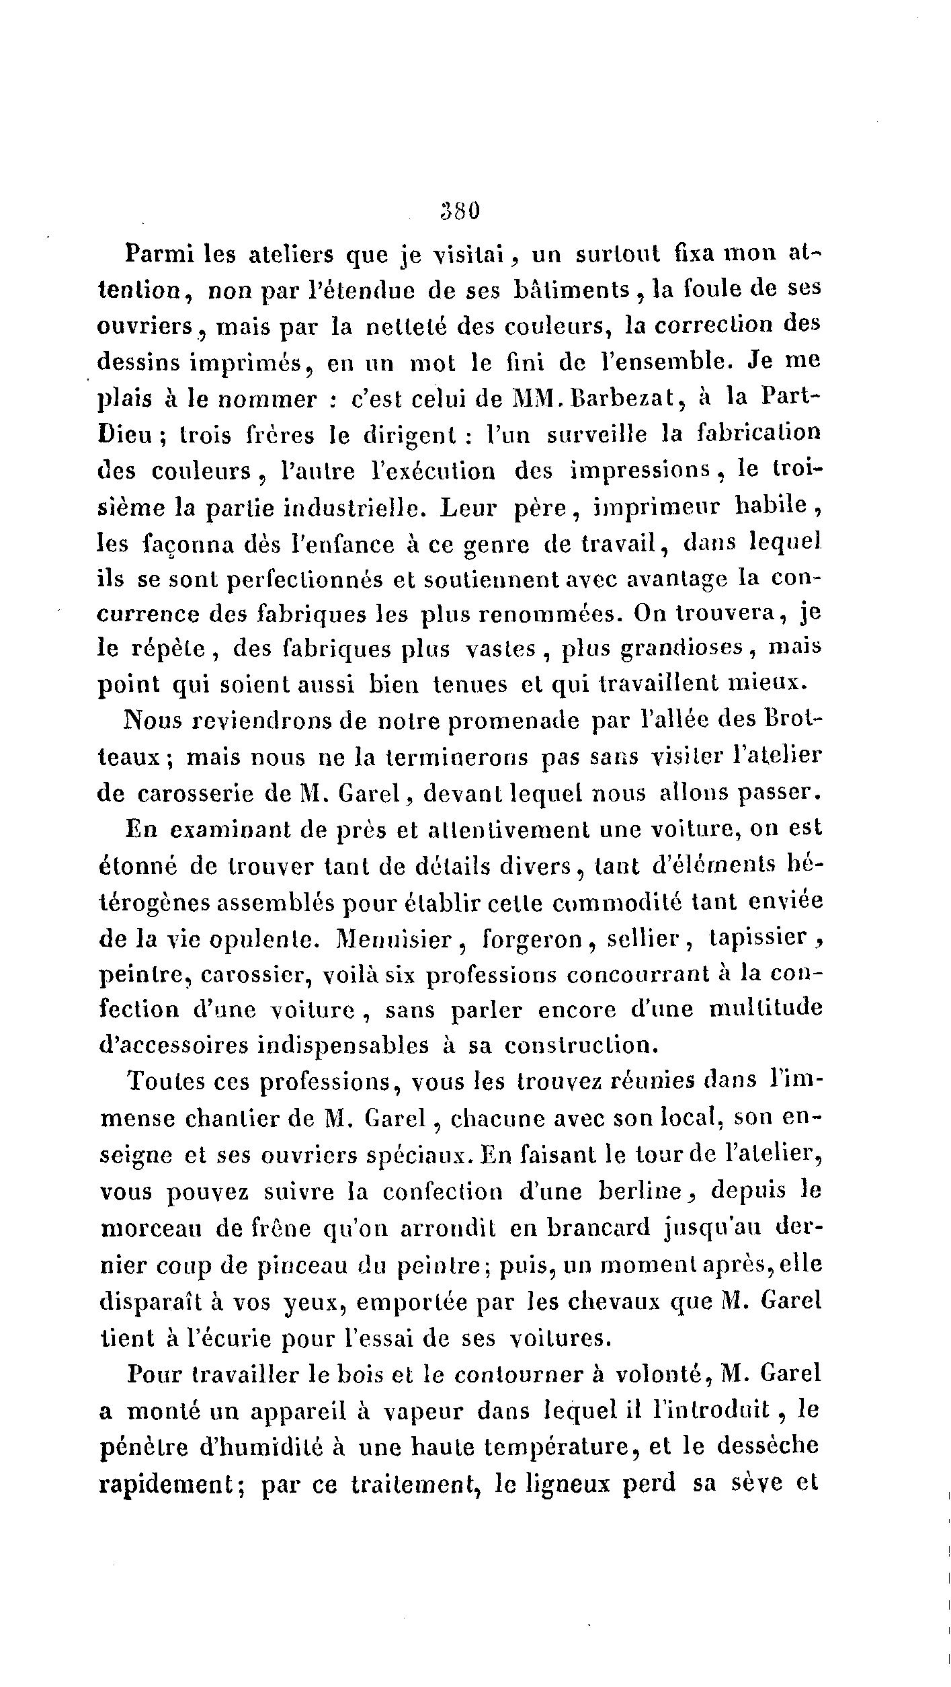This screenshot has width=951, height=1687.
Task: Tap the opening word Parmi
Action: click(159, 254)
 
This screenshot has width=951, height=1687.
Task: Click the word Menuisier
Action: click(394, 938)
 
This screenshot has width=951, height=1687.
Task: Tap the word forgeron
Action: click(533, 938)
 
